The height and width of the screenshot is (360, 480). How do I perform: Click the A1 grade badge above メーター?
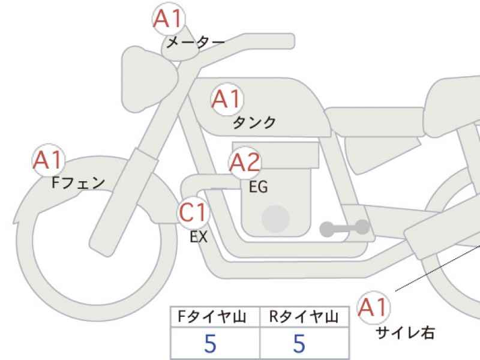click(169, 19)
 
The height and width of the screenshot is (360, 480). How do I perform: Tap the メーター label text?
click(196, 42)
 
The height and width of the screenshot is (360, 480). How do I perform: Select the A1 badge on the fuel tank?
click(227, 99)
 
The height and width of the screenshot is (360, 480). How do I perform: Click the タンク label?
click(254, 122)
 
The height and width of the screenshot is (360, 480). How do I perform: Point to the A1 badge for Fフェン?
click(49, 160)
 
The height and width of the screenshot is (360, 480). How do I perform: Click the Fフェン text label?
click(79, 183)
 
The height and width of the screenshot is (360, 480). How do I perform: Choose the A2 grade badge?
click(245, 163)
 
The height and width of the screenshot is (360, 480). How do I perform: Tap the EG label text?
click(259, 187)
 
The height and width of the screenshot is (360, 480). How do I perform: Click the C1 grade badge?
click(193, 213)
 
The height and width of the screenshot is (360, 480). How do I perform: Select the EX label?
click(199, 236)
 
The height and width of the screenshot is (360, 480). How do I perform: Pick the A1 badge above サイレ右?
click(373, 307)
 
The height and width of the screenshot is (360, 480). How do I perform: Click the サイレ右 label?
click(405, 333)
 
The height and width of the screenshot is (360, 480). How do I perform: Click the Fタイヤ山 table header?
click(212, 317)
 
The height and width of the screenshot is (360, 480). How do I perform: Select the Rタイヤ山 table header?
click(304, 317)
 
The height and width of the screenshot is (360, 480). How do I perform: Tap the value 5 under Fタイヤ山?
click(211, 343)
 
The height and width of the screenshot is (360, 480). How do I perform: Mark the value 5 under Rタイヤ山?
click(299, 343)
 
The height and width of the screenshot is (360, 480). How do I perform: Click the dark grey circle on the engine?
click(275, 219)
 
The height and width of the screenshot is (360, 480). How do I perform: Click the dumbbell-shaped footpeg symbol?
click(344, 228)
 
